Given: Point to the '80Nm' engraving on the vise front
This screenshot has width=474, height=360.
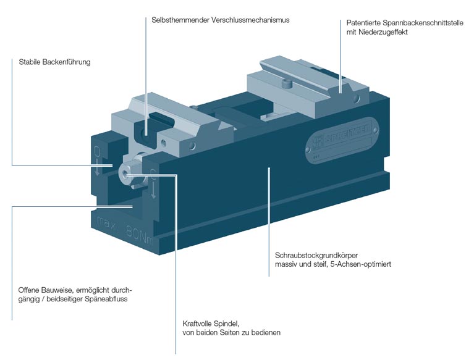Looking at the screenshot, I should pos(140,234).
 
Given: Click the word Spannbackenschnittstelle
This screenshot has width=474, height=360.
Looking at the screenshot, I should pos(413,23).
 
